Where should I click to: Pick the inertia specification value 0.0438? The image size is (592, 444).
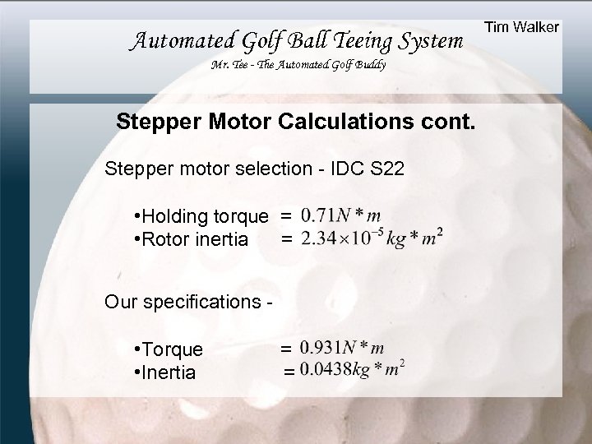325,371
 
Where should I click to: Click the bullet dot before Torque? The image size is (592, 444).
136,349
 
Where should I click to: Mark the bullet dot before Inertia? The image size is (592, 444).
136,372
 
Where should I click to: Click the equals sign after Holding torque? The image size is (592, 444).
285,217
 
